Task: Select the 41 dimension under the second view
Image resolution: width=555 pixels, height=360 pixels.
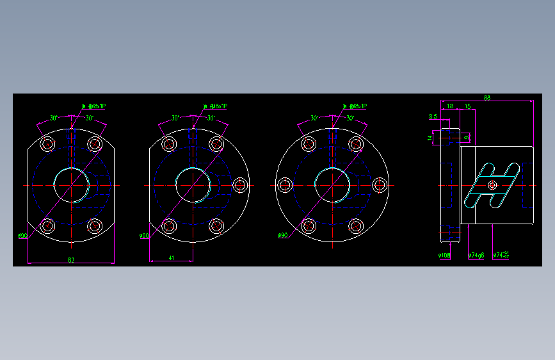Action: point(172,258)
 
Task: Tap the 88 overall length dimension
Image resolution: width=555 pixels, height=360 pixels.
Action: point(487,97)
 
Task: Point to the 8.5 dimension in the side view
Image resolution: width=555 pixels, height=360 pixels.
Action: point(433,117)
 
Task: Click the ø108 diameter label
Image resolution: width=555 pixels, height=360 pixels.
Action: point(444,256)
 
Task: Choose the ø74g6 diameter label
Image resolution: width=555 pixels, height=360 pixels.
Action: point(476,256)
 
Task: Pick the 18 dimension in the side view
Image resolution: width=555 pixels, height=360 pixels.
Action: point(450,106)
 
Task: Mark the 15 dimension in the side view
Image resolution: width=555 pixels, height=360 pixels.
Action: point(468,106)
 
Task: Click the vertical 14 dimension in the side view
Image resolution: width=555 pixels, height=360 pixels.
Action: point(430,137)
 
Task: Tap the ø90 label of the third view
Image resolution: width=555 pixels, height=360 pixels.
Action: point(282,236)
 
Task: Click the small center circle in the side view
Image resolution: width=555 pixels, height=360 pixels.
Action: point(492,185)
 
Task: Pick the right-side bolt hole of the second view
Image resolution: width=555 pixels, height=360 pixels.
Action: point(240,185)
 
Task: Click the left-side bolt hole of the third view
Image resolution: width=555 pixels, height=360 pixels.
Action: point(284,185)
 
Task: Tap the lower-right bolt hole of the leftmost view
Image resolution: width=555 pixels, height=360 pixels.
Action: point(95,226)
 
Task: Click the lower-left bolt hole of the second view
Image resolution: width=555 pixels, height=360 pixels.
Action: point(170,226)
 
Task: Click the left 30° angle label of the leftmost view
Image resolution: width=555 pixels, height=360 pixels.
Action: point(54,118)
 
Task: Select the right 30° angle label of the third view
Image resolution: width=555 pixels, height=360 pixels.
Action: point(350,118)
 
